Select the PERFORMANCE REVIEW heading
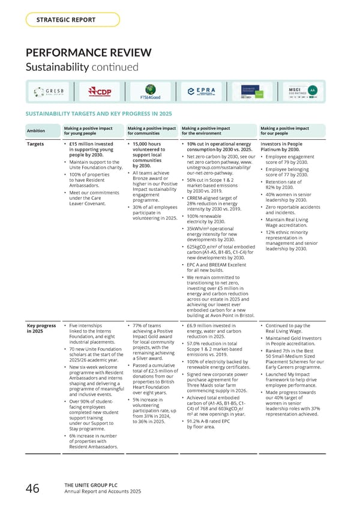click(x=88, y=52)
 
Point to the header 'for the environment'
click(x=207, y=134)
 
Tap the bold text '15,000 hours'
click(x=147, y=145)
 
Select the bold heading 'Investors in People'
click(x=284, y=145)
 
